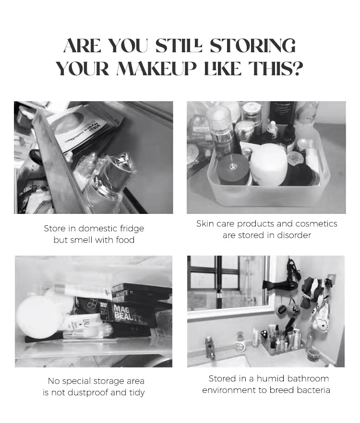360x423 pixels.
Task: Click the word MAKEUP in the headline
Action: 156,69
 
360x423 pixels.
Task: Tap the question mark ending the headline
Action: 297,69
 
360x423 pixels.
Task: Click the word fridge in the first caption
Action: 132,228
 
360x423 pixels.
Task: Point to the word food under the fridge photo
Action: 125,240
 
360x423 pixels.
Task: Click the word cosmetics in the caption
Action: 316,223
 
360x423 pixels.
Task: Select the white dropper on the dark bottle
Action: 272,126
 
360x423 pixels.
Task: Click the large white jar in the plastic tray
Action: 268,164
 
